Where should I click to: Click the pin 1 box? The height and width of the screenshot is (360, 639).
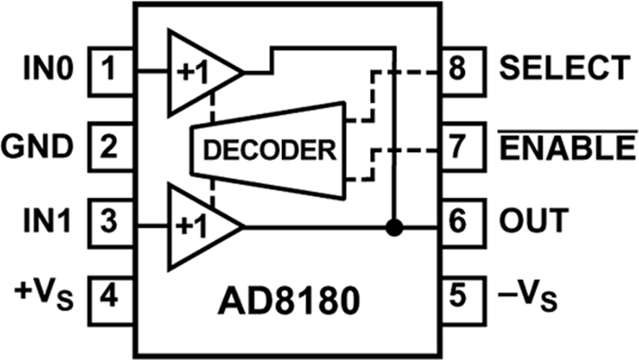coord(112,72)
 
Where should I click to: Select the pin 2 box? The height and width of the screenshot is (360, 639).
coord(112,147)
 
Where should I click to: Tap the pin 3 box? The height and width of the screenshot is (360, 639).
coord(112,223)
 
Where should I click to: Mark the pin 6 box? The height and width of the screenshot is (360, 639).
coord(463,223)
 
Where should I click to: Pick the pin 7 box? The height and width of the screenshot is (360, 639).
coord(463,147)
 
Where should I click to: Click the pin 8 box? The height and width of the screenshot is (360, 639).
coord(463,72)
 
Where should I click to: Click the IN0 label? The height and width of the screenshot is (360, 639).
coord(48,68)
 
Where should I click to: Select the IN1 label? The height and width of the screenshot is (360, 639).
coord(47,220)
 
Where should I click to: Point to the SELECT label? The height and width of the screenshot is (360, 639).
coord(565,68)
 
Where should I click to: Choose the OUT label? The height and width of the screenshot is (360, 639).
coord(534,220)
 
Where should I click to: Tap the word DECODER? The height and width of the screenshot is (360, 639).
coord(270,150)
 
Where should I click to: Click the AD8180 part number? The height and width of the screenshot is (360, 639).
coord(289,300)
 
